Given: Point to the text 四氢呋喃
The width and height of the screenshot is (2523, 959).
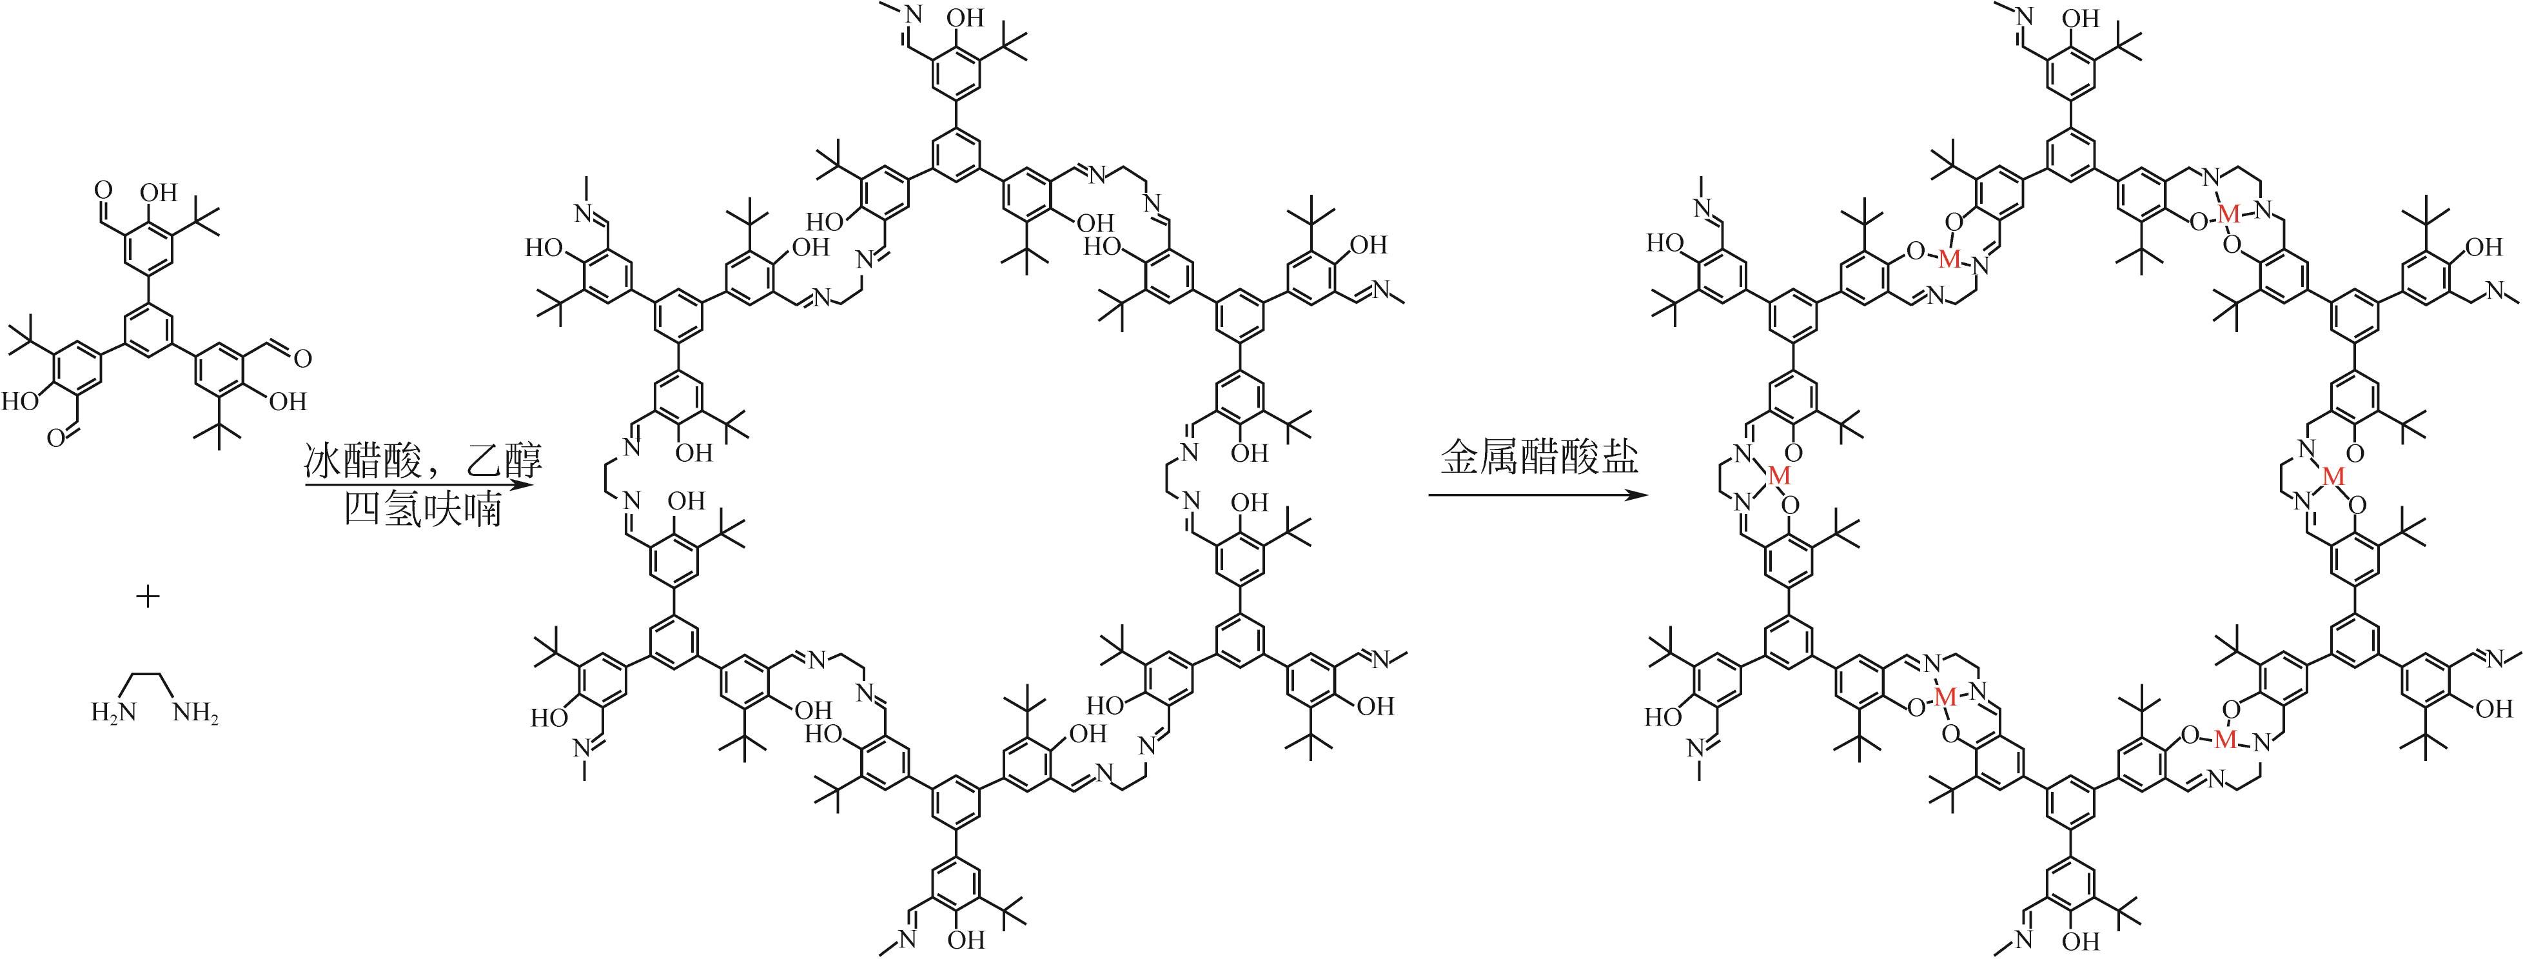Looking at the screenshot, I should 423,510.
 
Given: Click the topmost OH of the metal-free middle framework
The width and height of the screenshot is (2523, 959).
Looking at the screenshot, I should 967,19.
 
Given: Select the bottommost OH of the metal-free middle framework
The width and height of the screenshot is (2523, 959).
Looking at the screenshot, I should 967,942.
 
